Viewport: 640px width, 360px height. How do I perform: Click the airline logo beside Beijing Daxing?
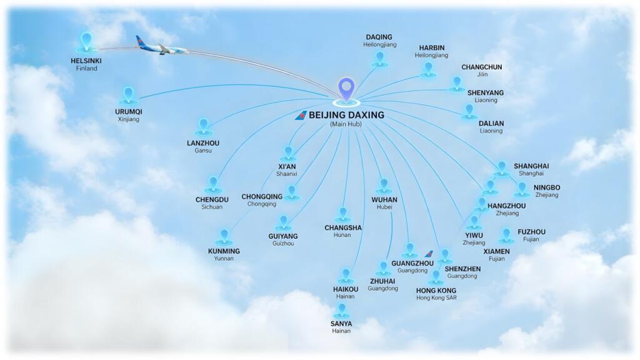click(x=301, y=116)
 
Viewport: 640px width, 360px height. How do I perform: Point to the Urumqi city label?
click(x=129, y=112)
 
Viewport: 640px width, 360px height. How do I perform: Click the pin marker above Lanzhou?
click(x=203, y=127)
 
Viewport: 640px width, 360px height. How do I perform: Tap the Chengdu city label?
click(x=212, y=199)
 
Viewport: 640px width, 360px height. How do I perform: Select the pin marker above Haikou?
click(x=346, y=275)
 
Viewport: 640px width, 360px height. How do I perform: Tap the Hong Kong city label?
click(x=436, y=291)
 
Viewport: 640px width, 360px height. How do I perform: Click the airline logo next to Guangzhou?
click(x=429, y=254)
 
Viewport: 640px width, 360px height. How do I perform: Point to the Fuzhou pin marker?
click(x=506, y=235)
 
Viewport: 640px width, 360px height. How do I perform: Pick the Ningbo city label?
click(x=547, y=187)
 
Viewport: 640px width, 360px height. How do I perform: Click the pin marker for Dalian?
click(x=469, y=111)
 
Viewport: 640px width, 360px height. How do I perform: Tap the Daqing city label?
click(x=379, y=37)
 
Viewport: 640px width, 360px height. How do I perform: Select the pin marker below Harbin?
click(x=428, y=69)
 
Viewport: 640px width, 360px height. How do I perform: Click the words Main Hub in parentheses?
click(x=346, y=124)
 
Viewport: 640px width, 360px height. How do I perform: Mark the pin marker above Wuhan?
click(x=383, y=186)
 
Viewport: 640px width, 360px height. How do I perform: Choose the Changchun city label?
click(x=481, y=67)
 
